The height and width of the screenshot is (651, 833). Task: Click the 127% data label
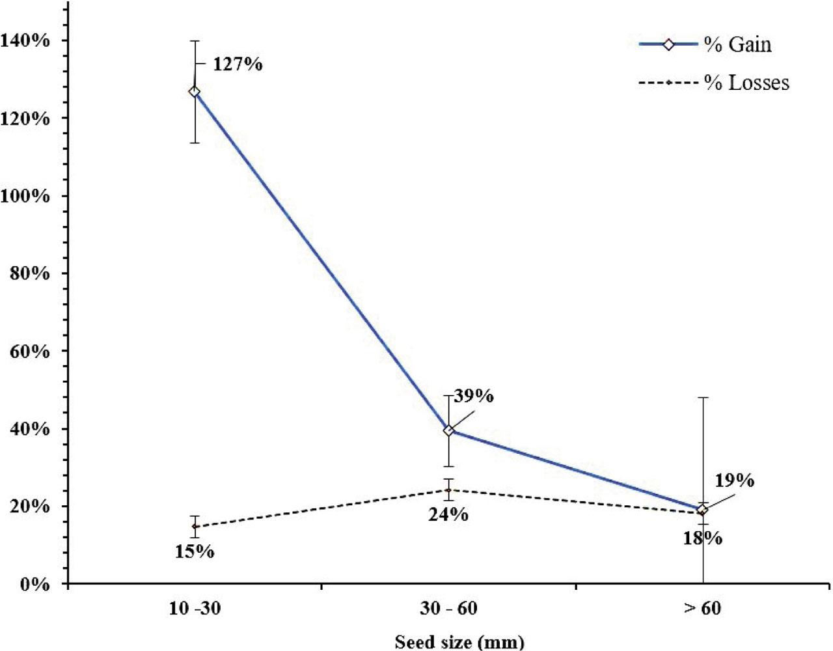coord(238,64)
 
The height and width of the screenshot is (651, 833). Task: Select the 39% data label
coord(473,396)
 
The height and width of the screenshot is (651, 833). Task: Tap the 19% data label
coord(735,481)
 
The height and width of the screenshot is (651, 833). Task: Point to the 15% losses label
coord(194,551)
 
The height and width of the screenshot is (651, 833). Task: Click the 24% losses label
coord(448,514)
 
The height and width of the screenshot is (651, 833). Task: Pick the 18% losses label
coord(702,538)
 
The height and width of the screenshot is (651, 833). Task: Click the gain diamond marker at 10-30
coord(194,92)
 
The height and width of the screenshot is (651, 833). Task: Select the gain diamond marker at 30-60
coord(448,430)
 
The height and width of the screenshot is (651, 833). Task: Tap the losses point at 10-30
coord(194,526)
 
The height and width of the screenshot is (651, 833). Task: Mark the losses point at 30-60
coord(448,490)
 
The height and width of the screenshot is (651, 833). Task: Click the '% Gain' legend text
coord(737,45)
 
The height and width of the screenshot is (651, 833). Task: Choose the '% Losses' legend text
coord(746,83)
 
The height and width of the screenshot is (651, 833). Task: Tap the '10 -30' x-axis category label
coord(194,609)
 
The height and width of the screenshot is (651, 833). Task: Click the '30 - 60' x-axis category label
coord(448,609)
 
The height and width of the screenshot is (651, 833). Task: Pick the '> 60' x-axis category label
coord(702,609)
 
